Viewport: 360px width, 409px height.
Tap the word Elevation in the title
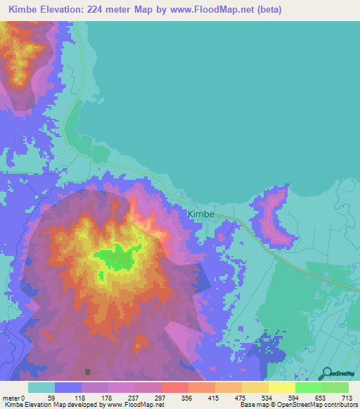67,10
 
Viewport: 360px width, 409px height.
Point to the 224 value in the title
108,10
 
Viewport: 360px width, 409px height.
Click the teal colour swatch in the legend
41,387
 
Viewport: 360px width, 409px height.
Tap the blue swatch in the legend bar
68,387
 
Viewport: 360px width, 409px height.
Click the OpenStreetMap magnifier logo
326,373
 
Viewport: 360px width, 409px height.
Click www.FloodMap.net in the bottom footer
133,405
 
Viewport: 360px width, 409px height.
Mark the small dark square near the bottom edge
88,371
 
